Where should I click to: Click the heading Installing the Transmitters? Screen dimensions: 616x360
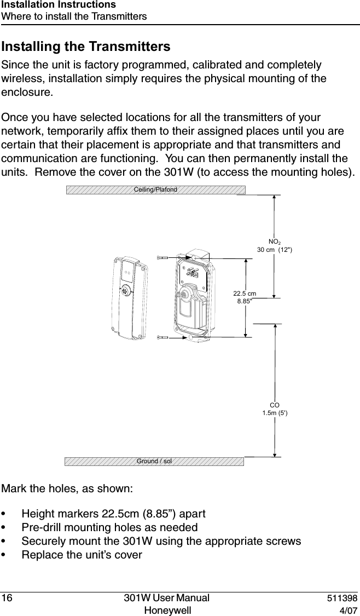click(x=86, y=46)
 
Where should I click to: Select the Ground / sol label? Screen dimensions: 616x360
click(x=154, y=461)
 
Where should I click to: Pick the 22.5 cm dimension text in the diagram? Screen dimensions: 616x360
click(x=245, y=293)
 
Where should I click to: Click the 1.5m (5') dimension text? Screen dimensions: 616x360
click(x=275, y=413)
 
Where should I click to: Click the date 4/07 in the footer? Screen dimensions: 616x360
click(x=349, y=610)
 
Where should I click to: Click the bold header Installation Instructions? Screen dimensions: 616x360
click(x=59, y=5)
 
